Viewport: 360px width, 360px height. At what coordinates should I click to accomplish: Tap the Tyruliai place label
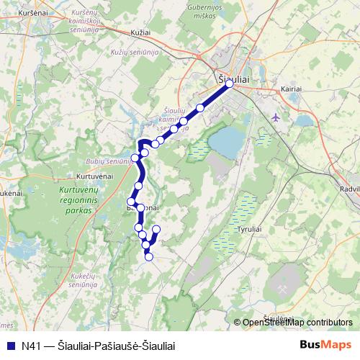pyautogui.click(x=250, y=228)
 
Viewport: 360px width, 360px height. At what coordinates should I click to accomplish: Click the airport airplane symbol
pyautogui.click(x=277, y=117)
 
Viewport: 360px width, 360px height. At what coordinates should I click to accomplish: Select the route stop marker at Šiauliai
pyautogui.click(x=230, y=84)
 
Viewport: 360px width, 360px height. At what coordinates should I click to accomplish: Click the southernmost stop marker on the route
pyautogui.click(x=149, y=256)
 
